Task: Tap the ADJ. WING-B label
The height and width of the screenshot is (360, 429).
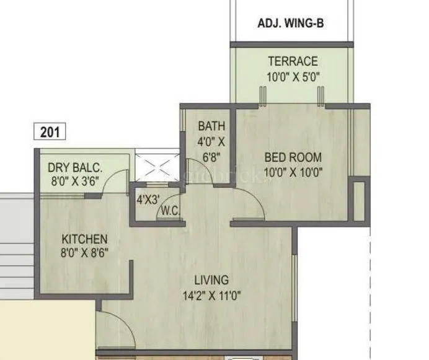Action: pos(291,24)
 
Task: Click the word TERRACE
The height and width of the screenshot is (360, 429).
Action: pos(293,61)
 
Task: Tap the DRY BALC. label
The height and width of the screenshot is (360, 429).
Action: pos(75,167)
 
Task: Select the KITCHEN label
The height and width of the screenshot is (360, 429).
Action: pos(85,239)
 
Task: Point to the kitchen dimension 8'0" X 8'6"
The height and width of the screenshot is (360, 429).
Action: pos(85,253)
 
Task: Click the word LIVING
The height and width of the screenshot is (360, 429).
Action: pos(211,280)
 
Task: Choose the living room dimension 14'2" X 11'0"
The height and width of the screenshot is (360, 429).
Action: pos(211,295)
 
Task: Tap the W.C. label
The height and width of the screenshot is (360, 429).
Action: pos(170,211)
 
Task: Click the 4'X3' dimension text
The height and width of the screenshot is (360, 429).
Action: pos(148,200)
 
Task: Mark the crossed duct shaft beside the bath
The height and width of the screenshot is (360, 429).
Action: pos(157,165)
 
